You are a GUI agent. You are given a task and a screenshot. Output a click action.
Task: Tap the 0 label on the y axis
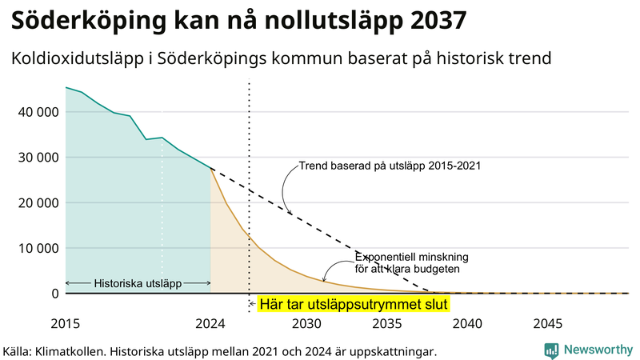pyautogui.click(x=55, y=294)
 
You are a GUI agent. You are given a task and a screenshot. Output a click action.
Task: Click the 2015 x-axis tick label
pyautogui.click(x=66, y=324)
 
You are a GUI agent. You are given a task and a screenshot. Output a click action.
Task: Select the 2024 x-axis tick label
pyautogui.click(x=210, y=324)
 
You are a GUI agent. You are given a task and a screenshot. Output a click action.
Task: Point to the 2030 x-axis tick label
pyautogui.click(x=306, y=324)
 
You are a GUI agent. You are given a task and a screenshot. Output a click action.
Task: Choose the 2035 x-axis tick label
pyautogui.click(x=387, y=324)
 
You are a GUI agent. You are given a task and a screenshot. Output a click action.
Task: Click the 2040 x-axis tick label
pyautogui.click(x=467, y=324)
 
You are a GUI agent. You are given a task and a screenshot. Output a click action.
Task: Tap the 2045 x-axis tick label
pyautogui.click(x=548, y=324)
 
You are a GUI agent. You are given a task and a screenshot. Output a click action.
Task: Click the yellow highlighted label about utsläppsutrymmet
pyautogui.click(x=354, y=304)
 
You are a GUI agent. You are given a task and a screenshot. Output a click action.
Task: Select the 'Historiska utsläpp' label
pyautogui.click(x=138, y=283)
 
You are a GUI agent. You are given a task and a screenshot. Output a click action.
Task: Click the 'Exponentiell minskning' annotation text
pyautogui.click(x=411, y=258)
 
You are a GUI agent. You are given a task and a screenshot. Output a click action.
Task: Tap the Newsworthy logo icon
pyautogui.click(x=551, y=350)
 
